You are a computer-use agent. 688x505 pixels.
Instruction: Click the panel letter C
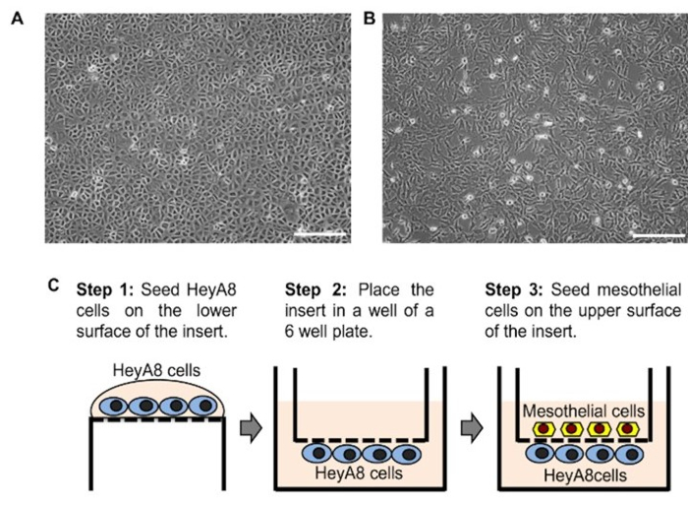tap(55, 286)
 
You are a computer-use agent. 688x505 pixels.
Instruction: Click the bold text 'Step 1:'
tap(103, 290)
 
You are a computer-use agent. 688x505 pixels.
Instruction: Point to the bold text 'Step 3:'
tap(513, 290)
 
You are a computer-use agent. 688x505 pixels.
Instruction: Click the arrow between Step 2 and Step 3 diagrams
tap(474, 429)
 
